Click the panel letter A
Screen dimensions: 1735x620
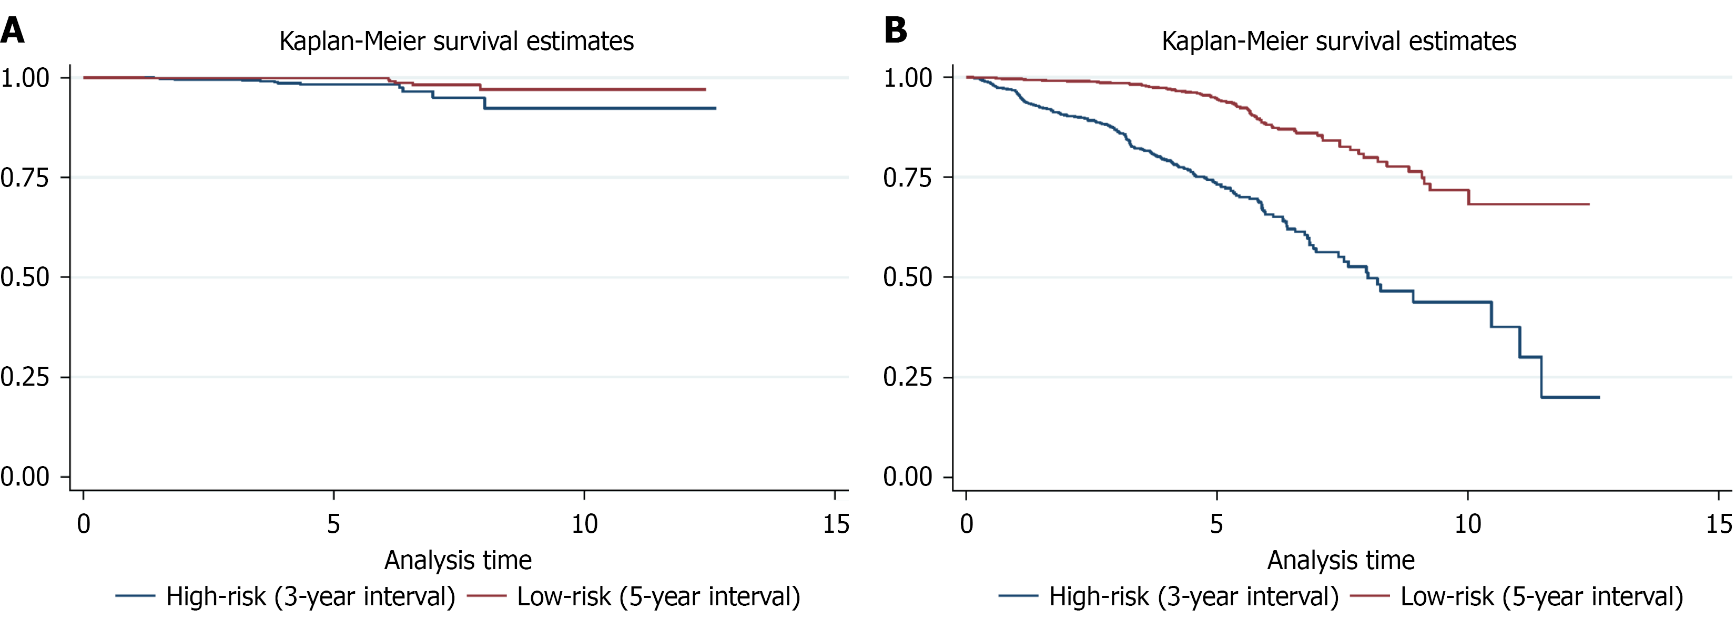[13, 30]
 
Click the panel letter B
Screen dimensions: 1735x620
[895, 30]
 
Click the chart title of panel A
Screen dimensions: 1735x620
[456, 41]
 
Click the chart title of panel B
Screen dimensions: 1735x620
[1339, 41]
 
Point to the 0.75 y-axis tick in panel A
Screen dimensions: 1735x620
[25, 178]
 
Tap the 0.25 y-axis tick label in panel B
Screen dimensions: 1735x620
[908, 377]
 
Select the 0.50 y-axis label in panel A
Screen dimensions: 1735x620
[25, 277]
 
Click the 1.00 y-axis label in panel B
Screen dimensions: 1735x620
[908, 78]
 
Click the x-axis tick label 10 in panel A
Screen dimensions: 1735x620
[584, 524]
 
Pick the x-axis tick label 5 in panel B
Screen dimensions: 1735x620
[1216, 524]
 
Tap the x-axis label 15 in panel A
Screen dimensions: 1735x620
[836, 524]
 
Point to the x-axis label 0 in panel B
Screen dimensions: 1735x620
[967, 524]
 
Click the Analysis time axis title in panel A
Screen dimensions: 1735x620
[458, 560]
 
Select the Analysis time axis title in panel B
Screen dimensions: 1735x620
[1341, 560]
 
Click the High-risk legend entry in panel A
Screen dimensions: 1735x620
[286, 596]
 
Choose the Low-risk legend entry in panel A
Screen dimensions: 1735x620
[634, 596]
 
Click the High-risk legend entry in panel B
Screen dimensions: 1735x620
[1169, 596]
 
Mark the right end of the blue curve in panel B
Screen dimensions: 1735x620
[1598, 397]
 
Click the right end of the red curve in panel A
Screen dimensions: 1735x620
[705, 89]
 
